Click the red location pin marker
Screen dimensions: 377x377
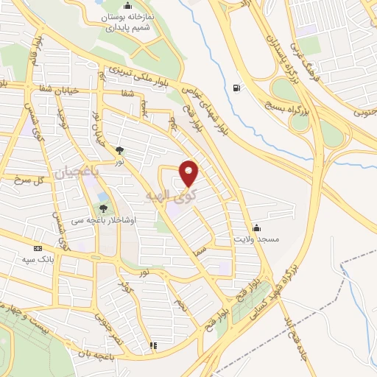(189, 173)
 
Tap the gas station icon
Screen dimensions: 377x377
(236, 87)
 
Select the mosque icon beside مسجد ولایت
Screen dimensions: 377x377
(256, 227)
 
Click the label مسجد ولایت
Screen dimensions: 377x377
(258, 240)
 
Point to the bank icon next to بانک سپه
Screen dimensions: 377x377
(38, 248)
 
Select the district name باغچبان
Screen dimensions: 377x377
(74, 174)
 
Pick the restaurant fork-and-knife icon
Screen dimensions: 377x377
(153, 345)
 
